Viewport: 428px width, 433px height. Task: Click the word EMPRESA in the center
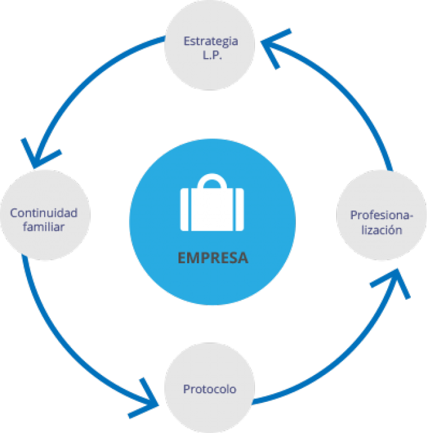[x=213, y=258]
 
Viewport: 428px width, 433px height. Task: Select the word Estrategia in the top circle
[x=210, y=42]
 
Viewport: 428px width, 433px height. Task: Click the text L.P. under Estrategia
[x=210, y=55]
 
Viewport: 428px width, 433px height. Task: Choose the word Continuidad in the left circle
[x=44, y=213]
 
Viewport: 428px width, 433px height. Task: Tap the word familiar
[x=44, y=227]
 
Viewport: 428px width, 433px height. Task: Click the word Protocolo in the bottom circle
[x=210, y=389]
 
